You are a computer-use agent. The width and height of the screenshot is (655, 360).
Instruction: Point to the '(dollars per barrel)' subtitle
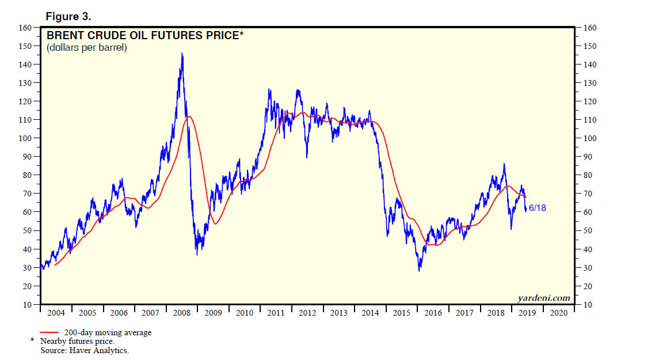[x=87, y=48]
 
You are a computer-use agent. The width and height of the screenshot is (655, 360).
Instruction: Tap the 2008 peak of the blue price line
[x=182, y=54]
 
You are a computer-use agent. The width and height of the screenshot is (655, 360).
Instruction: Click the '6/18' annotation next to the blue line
[x=537, y=208]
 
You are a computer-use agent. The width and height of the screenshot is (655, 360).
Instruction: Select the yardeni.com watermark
[x=544, y=298]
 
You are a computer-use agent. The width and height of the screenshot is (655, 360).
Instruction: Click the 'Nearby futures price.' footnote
[x=77, y=342]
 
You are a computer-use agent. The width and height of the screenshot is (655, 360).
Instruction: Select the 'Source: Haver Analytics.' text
[x=85, y=350]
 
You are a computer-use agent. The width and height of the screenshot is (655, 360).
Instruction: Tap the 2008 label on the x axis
[x=182, y=313]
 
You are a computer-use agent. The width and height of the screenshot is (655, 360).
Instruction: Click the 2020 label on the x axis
[x=558, y=313]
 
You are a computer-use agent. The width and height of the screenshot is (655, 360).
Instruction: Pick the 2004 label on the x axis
[x=56, y=313]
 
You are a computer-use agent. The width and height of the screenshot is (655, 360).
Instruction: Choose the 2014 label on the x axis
[x=370, y=313]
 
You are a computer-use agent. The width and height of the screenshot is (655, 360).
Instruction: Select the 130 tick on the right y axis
[x=589, y=83]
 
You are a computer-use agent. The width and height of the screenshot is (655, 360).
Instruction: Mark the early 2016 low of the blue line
[x=420, y=270]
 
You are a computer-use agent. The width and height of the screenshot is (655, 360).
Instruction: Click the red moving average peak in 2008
[x=189, y=116]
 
